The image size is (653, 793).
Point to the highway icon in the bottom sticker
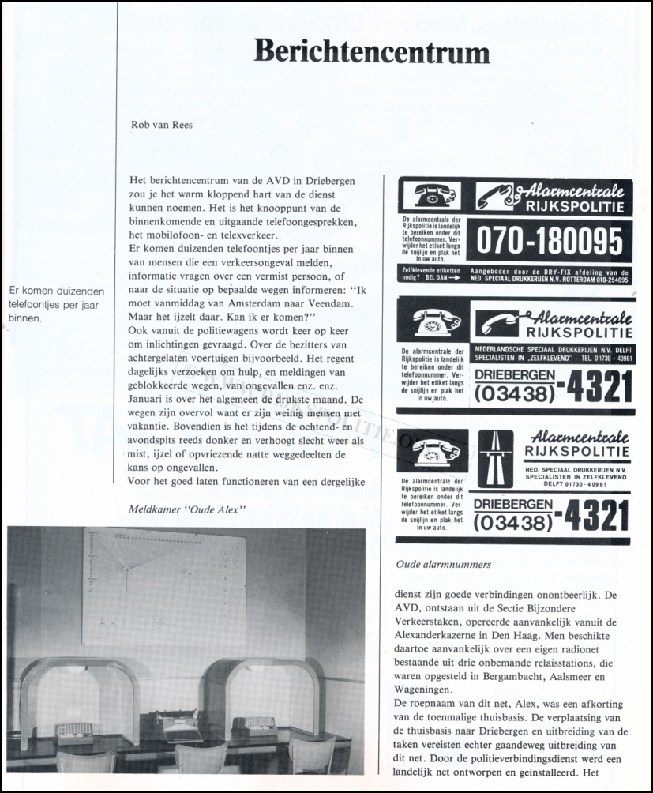495,459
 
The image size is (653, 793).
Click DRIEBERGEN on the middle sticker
512,370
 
